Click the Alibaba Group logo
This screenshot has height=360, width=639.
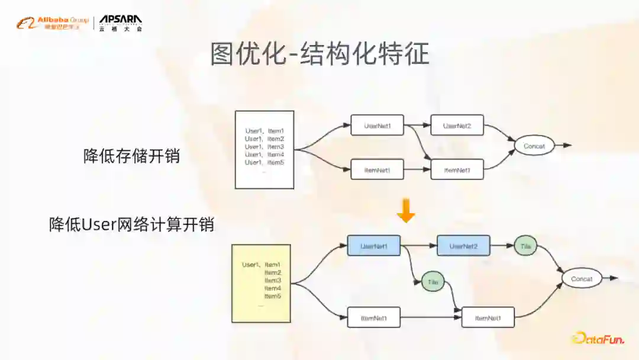coord(52,23)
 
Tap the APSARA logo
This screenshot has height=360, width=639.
coord(121,23)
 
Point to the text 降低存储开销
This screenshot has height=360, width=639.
coord(131,156)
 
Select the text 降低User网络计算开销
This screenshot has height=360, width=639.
coord(131,224)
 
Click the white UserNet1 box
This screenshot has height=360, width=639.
coord(377,125)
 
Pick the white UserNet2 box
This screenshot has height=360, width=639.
coord(457,125)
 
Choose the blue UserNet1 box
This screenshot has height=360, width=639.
coord(373,245)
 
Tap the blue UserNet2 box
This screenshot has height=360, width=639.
coord(463,245)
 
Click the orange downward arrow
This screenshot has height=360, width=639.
coord(406,211)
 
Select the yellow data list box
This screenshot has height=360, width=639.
coord(261,283)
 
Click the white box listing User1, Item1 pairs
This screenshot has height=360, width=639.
coord(264,149)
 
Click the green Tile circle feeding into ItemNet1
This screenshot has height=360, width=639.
coord(433,282)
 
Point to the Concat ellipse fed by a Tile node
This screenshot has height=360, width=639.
coord(582,278)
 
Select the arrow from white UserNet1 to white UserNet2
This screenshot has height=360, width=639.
coord(417,125)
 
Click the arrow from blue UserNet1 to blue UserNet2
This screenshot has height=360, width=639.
coord(418,245)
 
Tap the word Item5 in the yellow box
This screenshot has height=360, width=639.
coord(273,295)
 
